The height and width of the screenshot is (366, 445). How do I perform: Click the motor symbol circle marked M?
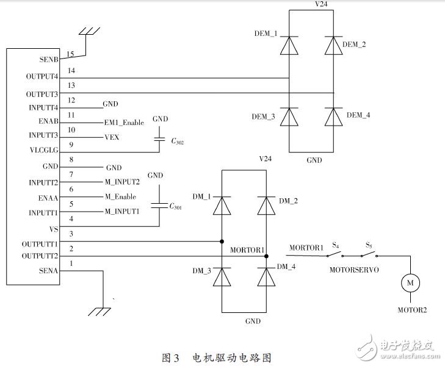(x=410, y=282)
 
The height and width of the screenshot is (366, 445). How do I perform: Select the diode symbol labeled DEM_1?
(x=289, y=46)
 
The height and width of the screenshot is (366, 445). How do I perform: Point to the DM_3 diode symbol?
(x=221, y=276)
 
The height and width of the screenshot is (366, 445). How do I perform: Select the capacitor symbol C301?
(x=159, y=206)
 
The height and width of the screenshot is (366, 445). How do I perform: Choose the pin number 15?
(x=71, y=54)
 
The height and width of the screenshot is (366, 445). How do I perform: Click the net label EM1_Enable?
(x=124, y=123)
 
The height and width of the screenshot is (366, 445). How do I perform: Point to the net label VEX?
(x=111, y=137)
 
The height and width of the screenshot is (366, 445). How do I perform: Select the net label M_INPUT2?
(x=122, y=182)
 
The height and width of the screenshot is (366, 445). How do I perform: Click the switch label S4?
(x=335, y=245)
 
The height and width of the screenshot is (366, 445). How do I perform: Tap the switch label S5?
(x=369, y=245)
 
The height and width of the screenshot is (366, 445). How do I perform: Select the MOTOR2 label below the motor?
(x=413, y=309)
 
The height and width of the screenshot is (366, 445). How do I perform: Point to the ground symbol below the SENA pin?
(x=99, y=311)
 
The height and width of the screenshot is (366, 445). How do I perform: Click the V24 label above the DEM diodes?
(x=312, y=4)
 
